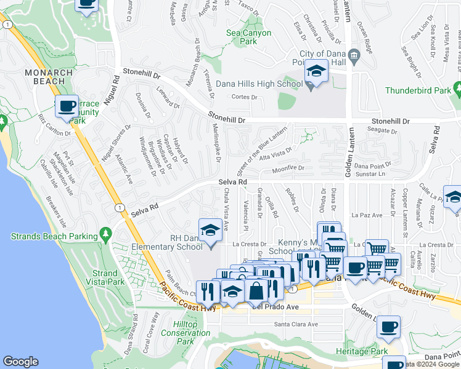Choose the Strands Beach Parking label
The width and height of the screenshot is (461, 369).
click(54, 236)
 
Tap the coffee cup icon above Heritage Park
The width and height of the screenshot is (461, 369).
click(388, 327)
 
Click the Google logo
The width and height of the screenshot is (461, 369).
click(20, 362)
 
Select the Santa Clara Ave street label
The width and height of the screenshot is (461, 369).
click(296, 324)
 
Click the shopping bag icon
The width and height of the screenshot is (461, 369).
click(256, 290)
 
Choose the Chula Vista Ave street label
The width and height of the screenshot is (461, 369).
click(226, 209)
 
